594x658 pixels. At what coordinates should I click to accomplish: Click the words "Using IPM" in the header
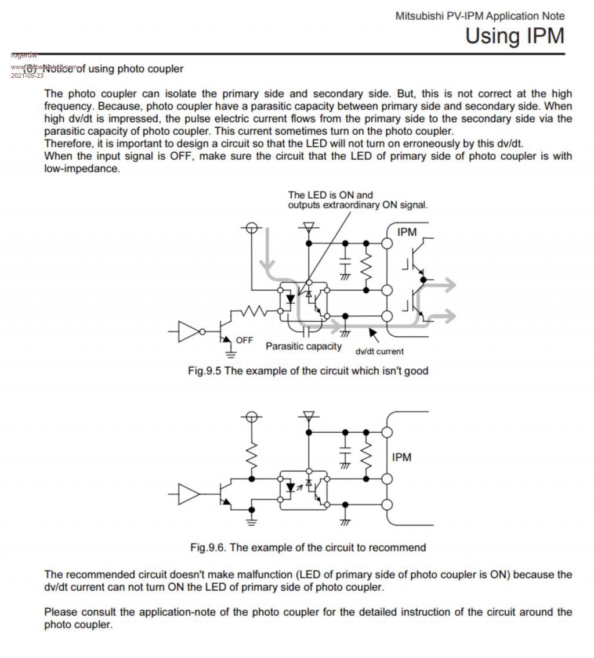coord(515,36)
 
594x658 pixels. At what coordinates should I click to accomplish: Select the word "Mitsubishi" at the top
coord(419,16)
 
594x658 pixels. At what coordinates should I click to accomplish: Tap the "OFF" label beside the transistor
coord(244,340)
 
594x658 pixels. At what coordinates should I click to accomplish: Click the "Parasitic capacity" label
coord(303,346)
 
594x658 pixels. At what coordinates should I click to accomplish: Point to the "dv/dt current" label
coord(379,351)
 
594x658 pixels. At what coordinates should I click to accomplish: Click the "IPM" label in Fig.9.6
coord(401,457)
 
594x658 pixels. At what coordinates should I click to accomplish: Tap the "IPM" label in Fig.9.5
coord(407,232)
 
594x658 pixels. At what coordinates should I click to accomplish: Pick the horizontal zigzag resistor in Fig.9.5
coord(253,312)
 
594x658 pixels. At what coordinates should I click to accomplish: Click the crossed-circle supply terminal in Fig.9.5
coord(251,228)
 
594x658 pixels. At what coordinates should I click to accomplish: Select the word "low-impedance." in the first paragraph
coord(82,168)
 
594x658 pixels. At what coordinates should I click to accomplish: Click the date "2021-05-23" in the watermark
coord(27,75)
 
